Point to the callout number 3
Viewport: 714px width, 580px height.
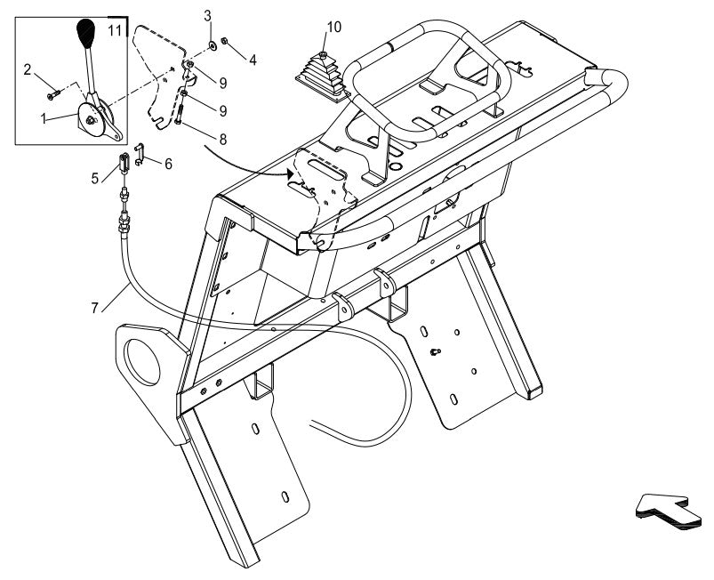point(207,15)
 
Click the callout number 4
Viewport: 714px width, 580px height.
point(253,60)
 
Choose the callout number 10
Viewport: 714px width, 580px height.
point(333,27)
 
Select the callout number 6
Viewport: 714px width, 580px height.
point(169,164)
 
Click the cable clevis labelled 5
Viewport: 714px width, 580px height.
point(124,163)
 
